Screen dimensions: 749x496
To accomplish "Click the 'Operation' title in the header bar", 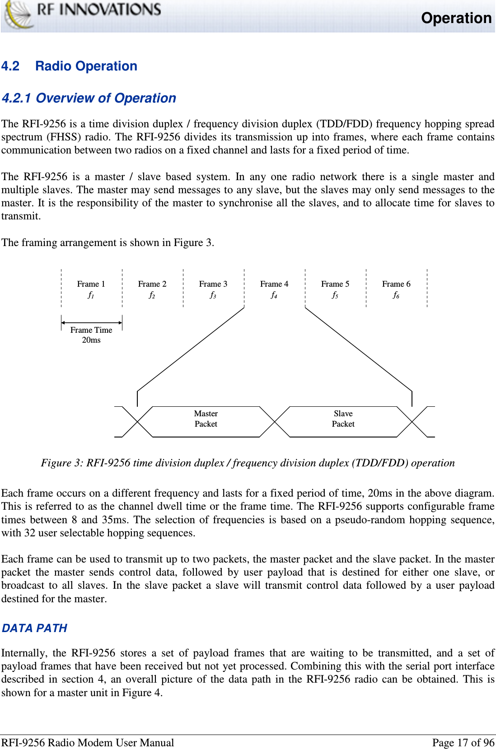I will [456, 18].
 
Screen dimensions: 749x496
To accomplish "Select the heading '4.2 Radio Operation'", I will [70, 66].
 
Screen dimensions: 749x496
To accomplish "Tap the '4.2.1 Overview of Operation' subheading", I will [89, 98].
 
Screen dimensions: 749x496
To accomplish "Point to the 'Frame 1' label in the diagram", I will [91, 284].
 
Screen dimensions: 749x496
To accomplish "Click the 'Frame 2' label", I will [152, 284].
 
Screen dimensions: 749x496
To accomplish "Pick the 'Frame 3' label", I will [213, 284].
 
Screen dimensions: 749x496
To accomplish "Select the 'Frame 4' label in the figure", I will [274, 284].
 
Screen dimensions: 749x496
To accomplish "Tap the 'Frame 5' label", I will [335, 284].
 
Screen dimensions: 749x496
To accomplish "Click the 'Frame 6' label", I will [396, 284].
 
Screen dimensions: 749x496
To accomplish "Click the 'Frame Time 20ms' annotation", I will [91, 335].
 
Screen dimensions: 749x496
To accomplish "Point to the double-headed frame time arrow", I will [92, 323].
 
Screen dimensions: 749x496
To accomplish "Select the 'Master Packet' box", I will [206, 419].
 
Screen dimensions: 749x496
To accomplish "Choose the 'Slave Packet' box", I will [343, 419].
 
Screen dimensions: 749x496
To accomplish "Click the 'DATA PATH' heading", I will [35, 628].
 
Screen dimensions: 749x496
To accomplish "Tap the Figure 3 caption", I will [248, 463].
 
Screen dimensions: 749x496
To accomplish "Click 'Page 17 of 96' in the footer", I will [463, 743].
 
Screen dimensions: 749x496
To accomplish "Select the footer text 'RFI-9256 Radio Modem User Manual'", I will [88, 743].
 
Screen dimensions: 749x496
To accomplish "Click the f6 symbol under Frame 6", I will [396, 295].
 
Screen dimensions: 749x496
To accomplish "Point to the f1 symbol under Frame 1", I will [91, 295].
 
